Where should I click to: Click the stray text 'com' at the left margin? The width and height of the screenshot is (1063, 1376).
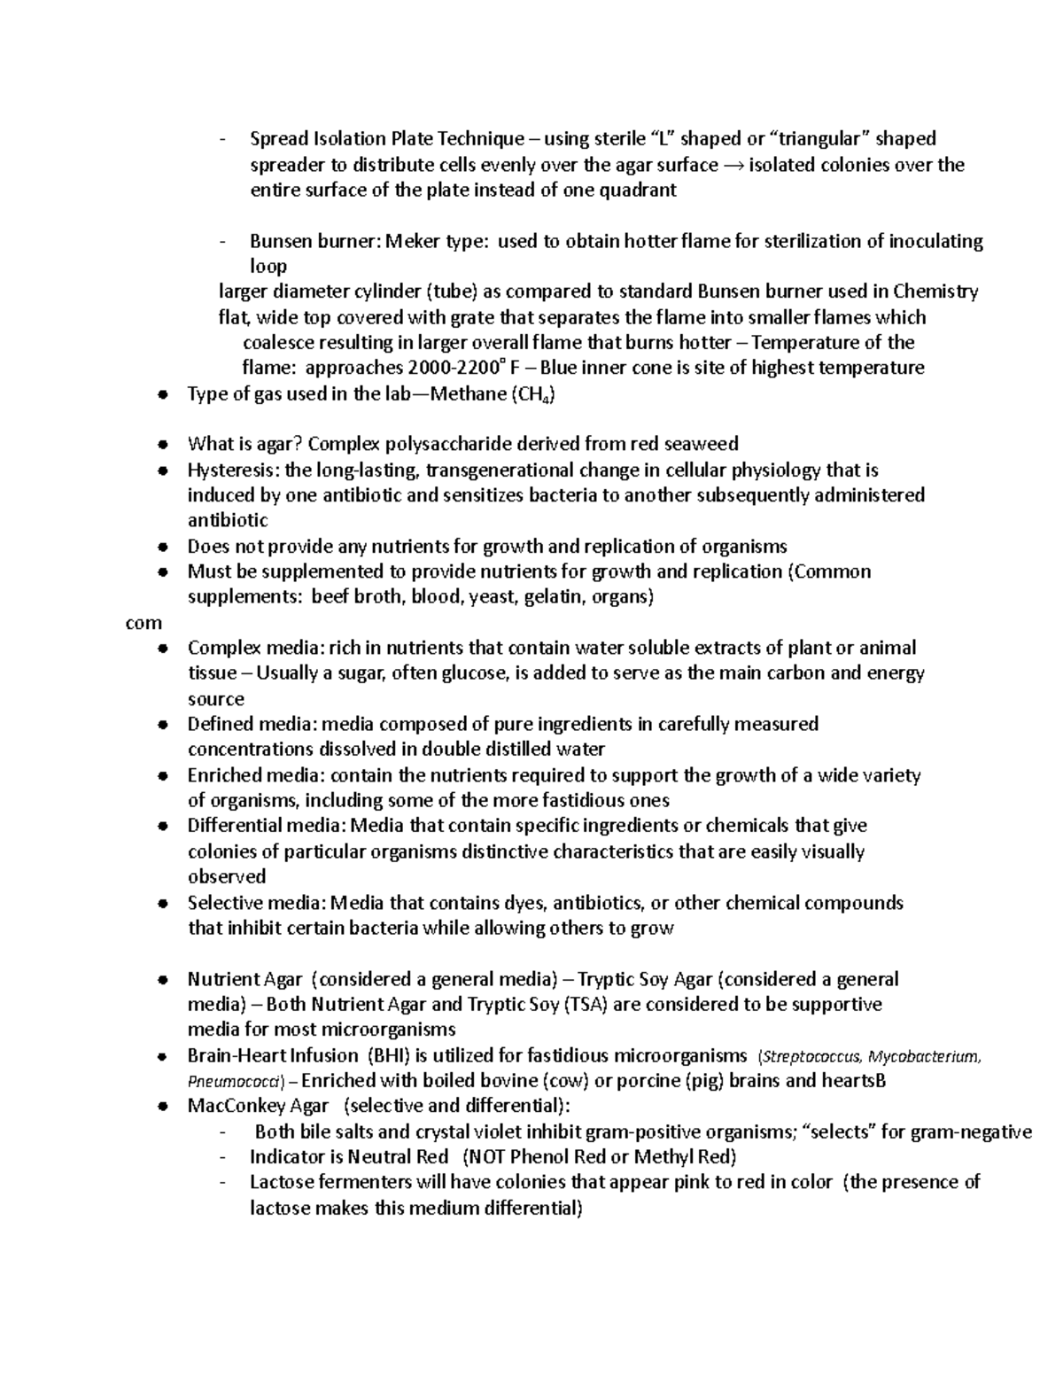tap(144, 623)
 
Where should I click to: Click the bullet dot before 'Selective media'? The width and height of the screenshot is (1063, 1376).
tap(162, 904)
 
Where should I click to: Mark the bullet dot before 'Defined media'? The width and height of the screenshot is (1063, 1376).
tap(162, 725)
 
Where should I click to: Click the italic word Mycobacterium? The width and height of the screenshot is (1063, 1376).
tap(924, 1056)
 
